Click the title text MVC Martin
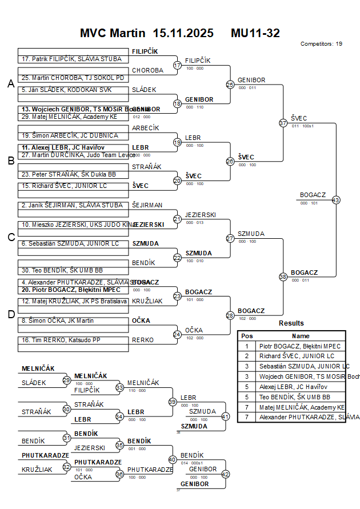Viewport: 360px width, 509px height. [113, 33]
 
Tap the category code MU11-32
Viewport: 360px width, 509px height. [255, 33]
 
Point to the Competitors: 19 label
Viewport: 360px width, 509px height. [321, 44]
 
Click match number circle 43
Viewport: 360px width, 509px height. [335, 200]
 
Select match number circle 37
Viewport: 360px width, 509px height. [283, 123]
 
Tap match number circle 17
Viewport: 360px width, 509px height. [177, 65]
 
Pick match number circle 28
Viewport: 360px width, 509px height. [230, 315]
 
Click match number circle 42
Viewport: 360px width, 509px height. [225, 474]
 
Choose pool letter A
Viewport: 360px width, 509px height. [10, 84]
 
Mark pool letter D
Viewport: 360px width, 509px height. [10, 314]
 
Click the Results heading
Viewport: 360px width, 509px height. [291, 323]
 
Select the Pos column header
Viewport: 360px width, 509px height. [247, 336]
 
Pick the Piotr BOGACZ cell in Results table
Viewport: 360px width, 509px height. [300, 346]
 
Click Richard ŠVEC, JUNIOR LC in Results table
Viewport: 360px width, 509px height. [297, 356]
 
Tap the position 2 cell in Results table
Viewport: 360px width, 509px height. [247, 356]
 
